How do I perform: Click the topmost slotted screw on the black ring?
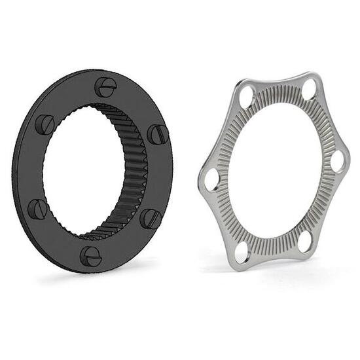pyautogui.click(x=105, y=86)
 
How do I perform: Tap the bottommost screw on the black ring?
pyautogui.click(x=91, y=256)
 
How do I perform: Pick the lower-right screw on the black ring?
pyautogui.click(x=151, y=218)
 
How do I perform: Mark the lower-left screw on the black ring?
pyautogui.click(x=37, y=209)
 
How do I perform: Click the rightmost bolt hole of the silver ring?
pyautogui.click(x=338, y=160)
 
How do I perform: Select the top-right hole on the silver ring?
pyautogui.click(x=309, y=89)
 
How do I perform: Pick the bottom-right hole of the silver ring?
pyautogui.click(x=305, y=242)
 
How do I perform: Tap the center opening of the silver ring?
pyautogui.click(x=275, y=170)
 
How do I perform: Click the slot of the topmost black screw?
pyautogui.click(x=106, y=86)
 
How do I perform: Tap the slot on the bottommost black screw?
pyautogui.click(x=91, y=256)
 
